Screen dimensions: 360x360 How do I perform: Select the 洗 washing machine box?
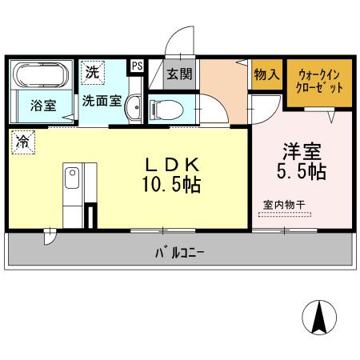coord(93,71)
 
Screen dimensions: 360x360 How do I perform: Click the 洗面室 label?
coord(102,102)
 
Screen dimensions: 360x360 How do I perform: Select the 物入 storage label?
coord(266,74)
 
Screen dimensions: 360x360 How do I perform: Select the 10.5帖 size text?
coord(170,186)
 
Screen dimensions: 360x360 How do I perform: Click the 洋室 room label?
coord(302,150)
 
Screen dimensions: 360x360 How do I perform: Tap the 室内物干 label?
coord(284,204)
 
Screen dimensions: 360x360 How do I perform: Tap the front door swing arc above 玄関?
coord(178,42)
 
